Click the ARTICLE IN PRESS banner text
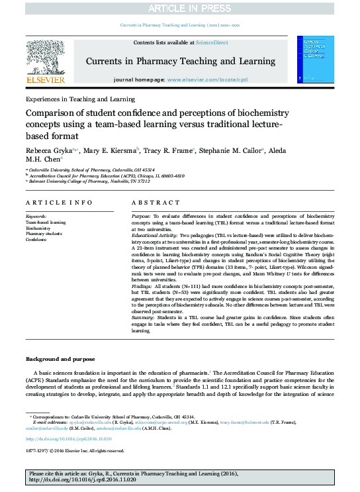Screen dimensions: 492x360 (180, 7)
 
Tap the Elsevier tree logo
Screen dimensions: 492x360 (44, 58)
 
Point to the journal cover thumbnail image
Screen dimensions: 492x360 (319, 60)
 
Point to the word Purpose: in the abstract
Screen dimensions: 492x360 (142, 217)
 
